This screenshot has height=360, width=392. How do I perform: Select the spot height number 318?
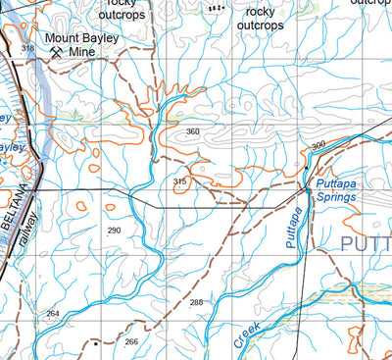pos(27,48)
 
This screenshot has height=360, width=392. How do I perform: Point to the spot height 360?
pos(192,131)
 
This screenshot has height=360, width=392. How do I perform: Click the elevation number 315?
pos(179,181)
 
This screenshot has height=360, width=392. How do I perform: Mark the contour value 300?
pos(318,145)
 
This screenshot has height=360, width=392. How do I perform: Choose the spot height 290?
pos(114,230)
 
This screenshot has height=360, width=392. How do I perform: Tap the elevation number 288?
pos(197,302)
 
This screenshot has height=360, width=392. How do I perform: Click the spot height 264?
pos(52,313)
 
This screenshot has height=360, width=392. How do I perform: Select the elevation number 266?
pos(131,341)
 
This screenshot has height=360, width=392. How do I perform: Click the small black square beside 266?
pos(95,344)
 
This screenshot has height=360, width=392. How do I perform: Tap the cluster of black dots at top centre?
pos(216,7)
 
